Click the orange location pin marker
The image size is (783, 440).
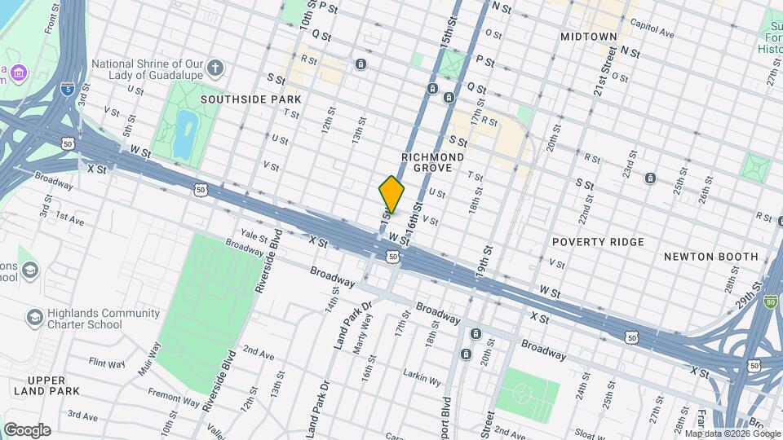[391, 194]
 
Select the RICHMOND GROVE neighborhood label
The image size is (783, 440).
[433, 161]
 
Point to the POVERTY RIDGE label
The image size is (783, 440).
[598, 242]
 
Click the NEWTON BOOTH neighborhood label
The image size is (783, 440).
[710, 256]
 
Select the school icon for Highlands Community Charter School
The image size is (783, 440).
[33, 315]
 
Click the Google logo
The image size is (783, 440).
[27, 429]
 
